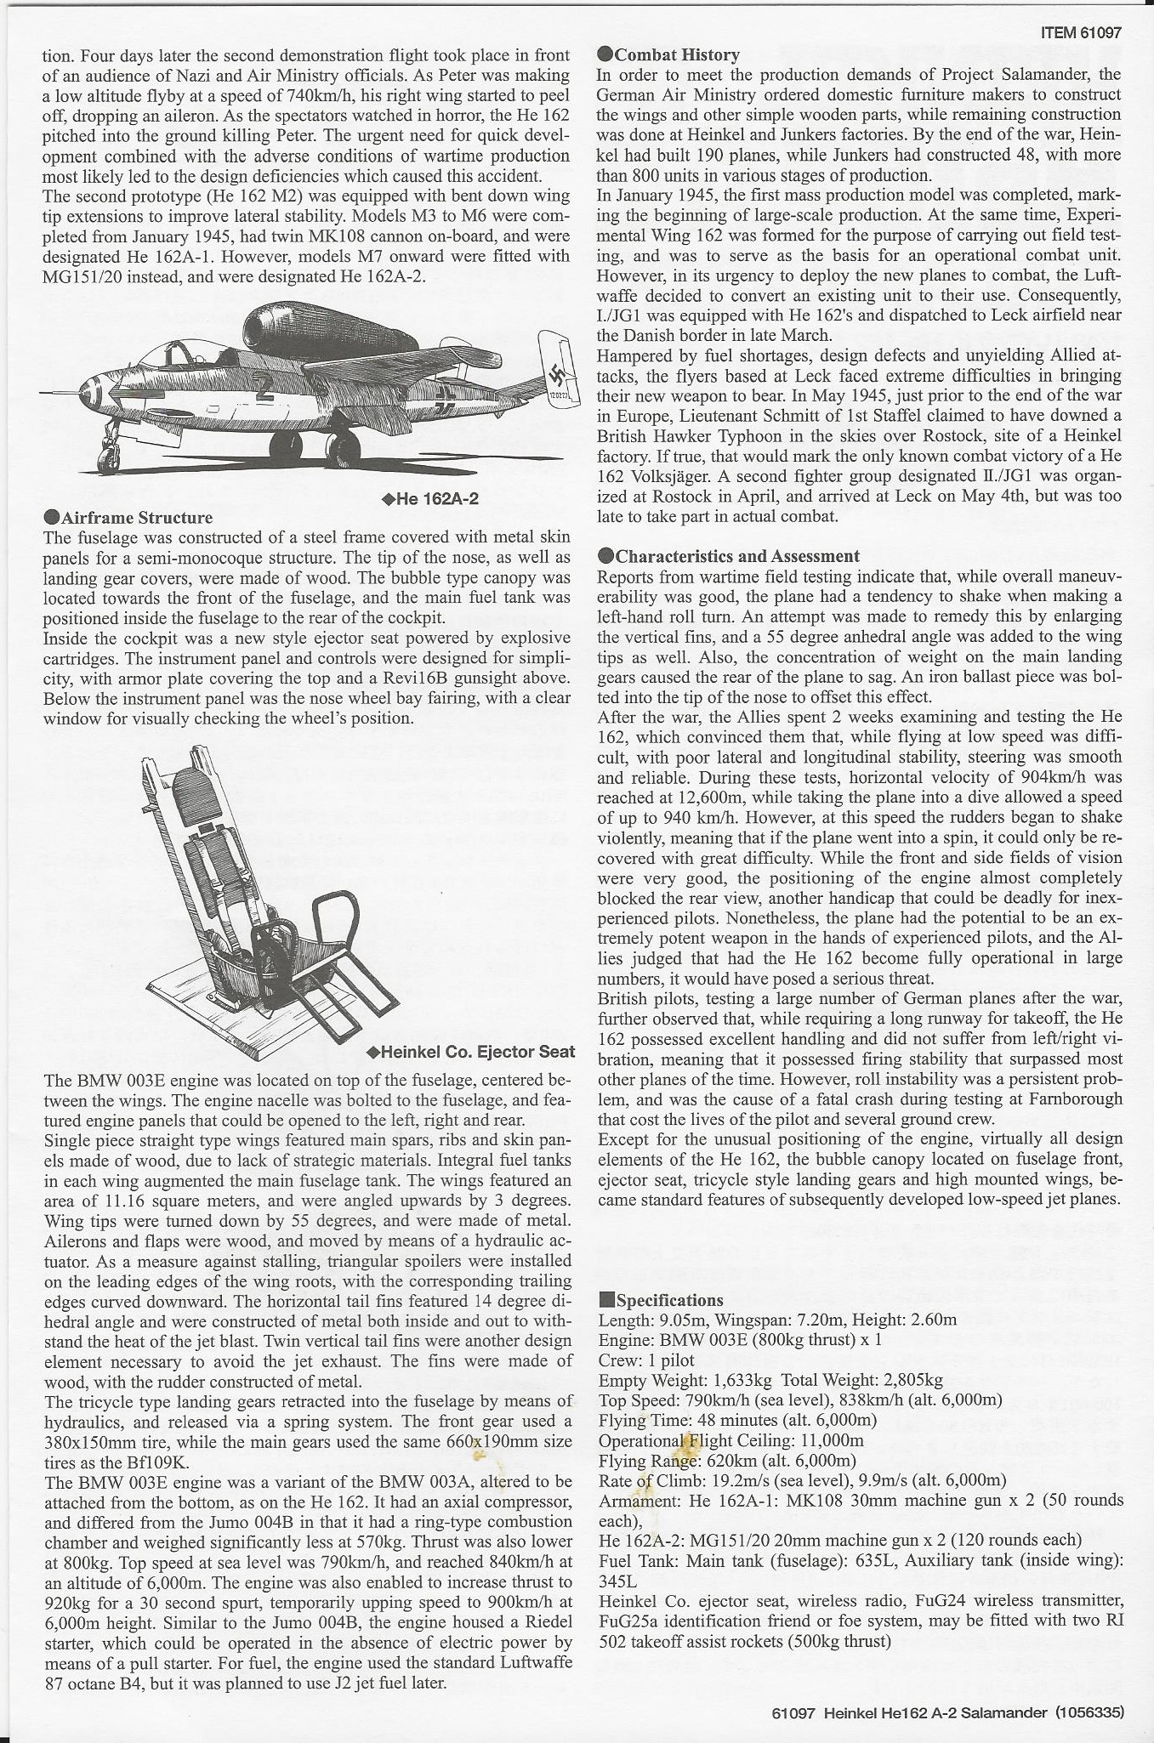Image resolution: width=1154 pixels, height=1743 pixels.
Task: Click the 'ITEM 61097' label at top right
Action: click(1081, 34)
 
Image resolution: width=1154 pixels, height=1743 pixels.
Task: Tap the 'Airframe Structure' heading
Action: click(137, 517)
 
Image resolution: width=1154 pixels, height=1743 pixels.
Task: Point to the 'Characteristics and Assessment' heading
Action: click(736, 556)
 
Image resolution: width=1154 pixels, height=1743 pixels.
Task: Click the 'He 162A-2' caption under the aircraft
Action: click(433, 499)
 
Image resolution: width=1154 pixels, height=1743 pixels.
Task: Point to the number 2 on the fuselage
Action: click(264, 389)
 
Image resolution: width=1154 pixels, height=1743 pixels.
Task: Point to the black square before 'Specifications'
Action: click(605, 1300)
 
